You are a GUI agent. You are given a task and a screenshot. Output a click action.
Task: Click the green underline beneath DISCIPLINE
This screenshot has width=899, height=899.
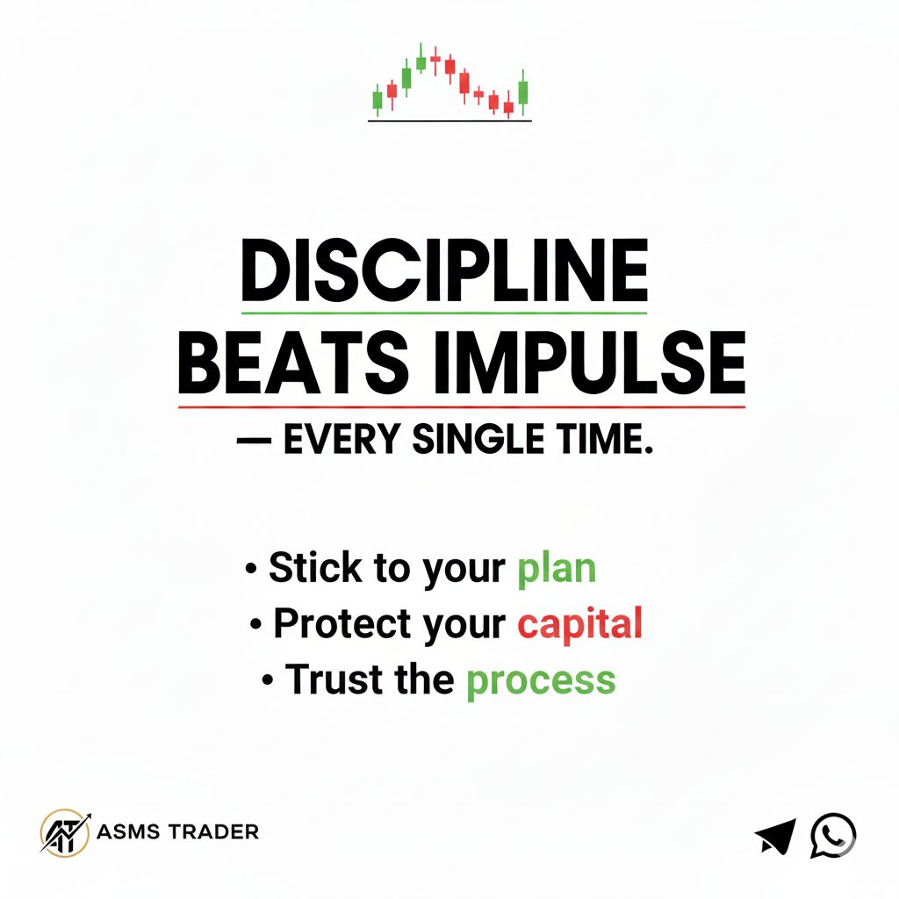[x=444, y=313]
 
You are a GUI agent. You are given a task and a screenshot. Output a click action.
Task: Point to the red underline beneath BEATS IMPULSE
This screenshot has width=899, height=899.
[x=462, y=407]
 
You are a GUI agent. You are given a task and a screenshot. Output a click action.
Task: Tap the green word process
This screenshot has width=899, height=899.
[x=540, y=680]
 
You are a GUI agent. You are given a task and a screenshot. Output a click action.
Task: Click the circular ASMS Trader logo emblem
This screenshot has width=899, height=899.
[x=65, y=831]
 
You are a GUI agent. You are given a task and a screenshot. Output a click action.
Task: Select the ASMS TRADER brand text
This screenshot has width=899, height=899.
[x=178, y=831]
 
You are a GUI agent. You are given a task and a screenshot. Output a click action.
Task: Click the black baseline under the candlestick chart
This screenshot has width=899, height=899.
[x=449, y=121]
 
